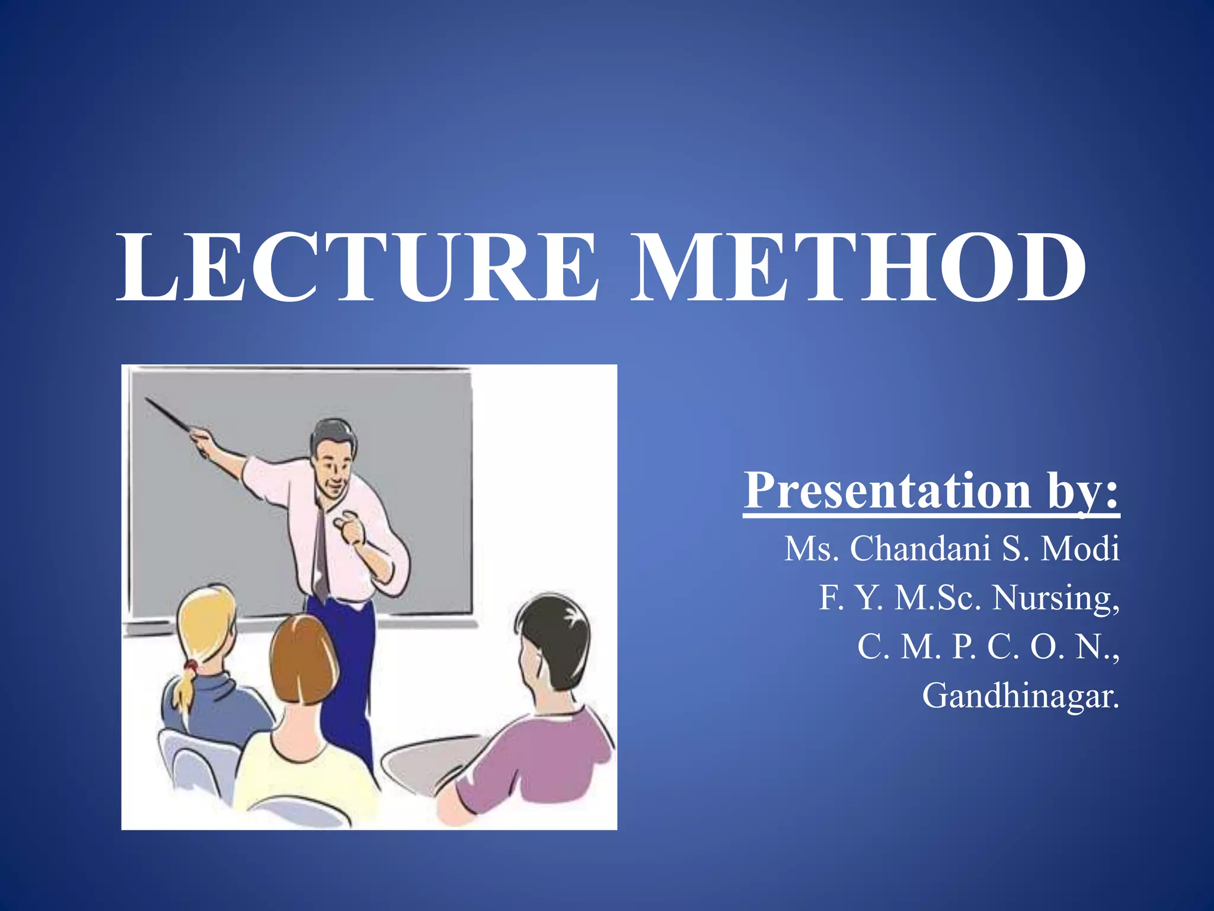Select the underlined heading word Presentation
tap(887, 491)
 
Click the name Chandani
tap(920, 549)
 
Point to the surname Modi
tap(1080, 549)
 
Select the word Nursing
tap(1056, 598)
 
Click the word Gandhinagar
tap(1020, 696)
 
